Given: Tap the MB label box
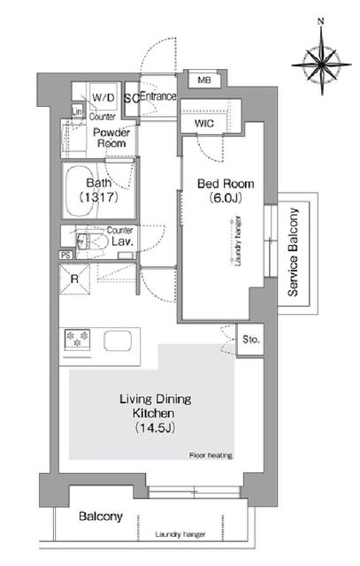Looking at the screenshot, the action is (204, 80).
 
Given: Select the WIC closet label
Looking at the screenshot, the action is (204, 124).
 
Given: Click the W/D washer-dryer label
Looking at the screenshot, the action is (103, 97).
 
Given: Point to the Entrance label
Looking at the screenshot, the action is (158, 96).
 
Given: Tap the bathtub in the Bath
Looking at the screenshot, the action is (81, 191).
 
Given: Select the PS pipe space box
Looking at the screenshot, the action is (65, 256).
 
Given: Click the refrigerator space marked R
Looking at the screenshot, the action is (74, 279).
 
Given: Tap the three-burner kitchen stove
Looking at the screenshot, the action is (77, 340).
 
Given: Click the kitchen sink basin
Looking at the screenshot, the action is (118, 340).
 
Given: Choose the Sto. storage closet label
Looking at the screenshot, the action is (250, 340).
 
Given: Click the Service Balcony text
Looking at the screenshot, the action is (293, 252).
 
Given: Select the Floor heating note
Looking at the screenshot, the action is (211, 455).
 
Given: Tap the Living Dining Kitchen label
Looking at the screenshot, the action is (155, 406).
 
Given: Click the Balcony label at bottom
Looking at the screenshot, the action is (100, 516).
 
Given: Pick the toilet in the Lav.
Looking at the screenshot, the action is (92, 241).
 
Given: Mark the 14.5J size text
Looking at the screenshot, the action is (155, 428).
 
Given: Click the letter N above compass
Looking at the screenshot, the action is (320, 21).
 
